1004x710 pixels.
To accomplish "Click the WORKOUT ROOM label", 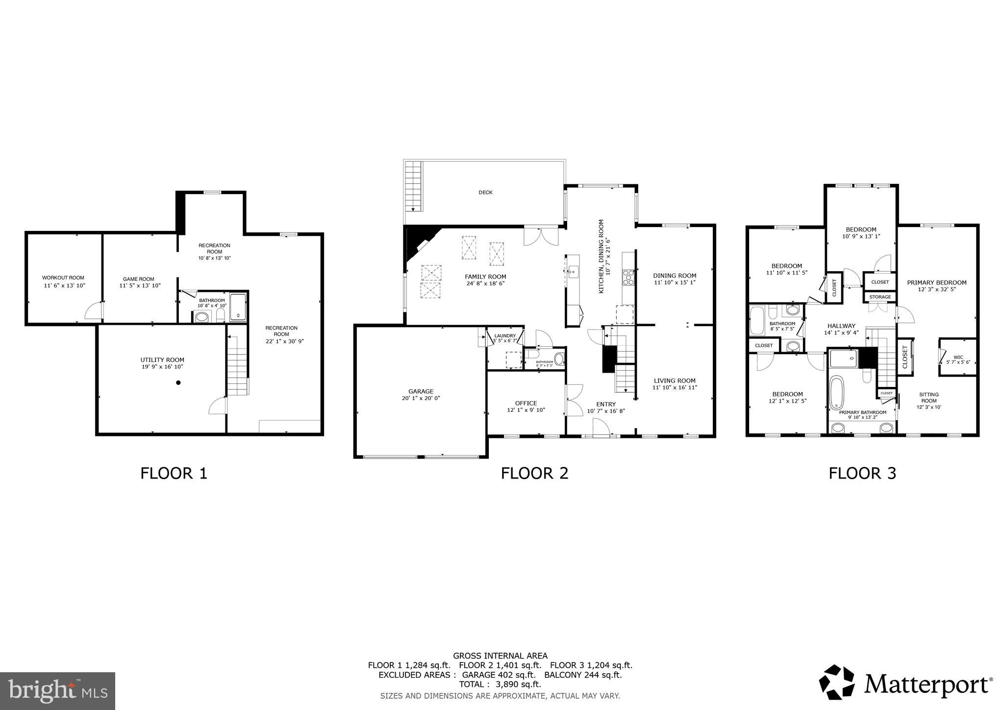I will (x=63, y=278).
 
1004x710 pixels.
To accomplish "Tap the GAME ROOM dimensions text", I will (x=140, y=285).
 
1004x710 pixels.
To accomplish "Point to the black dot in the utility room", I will (x=178, y=382).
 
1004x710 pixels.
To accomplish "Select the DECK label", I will (x=485, y=193).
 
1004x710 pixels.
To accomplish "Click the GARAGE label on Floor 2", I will (x=421, y=391).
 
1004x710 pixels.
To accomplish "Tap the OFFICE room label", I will (x=526, y=403).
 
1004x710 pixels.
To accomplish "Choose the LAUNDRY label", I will (x=504, y=335).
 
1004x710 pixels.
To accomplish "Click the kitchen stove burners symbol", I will (x=628, y=278).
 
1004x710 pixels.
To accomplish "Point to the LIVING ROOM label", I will (x=674, y=380).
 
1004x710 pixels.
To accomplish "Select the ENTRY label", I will (x=606, y=404).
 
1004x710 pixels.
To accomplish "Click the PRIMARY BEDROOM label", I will (x=936, y=282).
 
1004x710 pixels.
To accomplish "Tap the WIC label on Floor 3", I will (x=958, y=357).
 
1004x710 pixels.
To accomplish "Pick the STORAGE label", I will (x=880, y=297).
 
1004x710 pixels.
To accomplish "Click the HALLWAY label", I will (x=841, y=326).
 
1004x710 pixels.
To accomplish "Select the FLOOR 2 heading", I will (x=534, y=473).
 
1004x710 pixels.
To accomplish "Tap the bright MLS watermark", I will (x=57, y=691).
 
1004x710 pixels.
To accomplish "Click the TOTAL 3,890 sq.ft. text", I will (x=500, y=684).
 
